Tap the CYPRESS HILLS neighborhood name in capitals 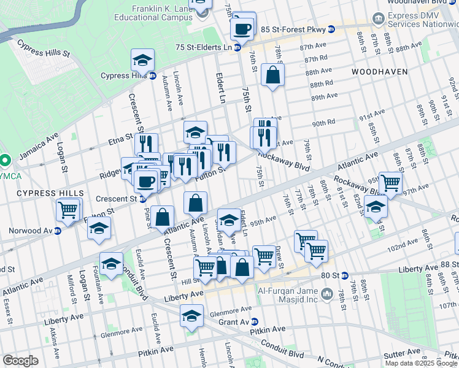pyautogui.click(x=50, y=193)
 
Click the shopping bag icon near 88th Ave pyautogui.click(x=272, y=75)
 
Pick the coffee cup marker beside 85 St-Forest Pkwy pyautogui.click(x=242, y=28)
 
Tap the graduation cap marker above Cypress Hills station pyautogui.click(x=142, y=60)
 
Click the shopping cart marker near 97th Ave pyautogui.click(x=390, y=182)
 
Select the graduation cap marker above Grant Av pyautogui.click(x=191, y=316)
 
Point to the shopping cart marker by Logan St pyautogui.click(x=68, y=210)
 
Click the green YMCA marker pyautogui.click(x=4, y=161)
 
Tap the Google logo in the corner pyautogui.click(x=20, y=361)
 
